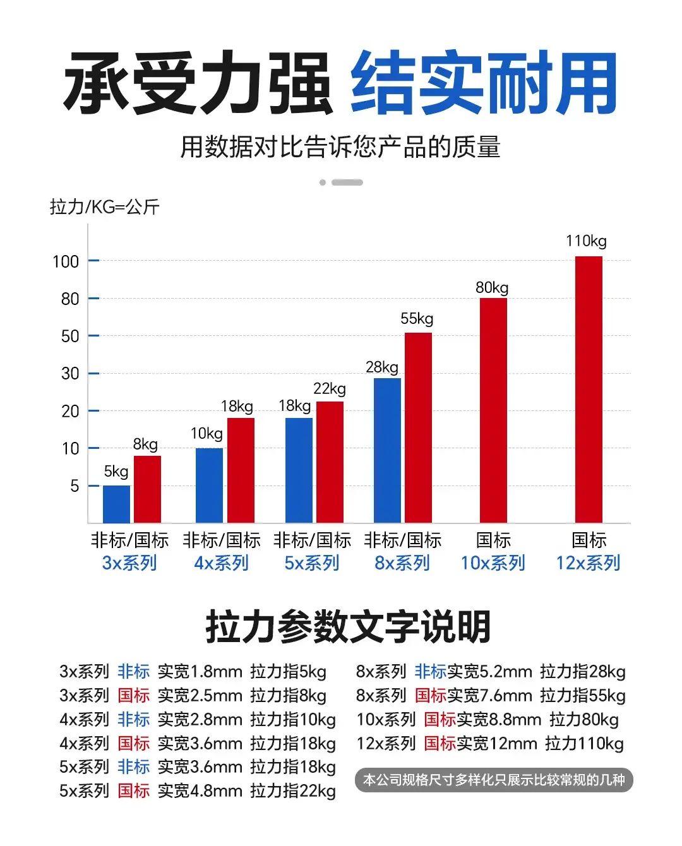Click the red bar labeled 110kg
(589, 389)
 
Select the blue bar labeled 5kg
(116, 504)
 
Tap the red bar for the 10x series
(493, 410)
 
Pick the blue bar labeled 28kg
(387, 450)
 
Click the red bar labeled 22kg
(330, 462)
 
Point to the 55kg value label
(417, 319)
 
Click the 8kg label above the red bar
(145, 444)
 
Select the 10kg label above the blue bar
(206, 434)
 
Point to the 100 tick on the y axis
(66, 262)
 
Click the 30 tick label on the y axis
(70, 374)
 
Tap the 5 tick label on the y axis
(75, 486)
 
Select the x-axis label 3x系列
(129, 563)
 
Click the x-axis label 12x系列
(588, 563)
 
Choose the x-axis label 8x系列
(402, 563)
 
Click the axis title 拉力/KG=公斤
(105, 207)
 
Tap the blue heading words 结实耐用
(483, 82)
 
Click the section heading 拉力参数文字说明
(348, 627)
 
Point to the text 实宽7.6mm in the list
(490, 696)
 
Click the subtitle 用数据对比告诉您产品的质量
(340, 147)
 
